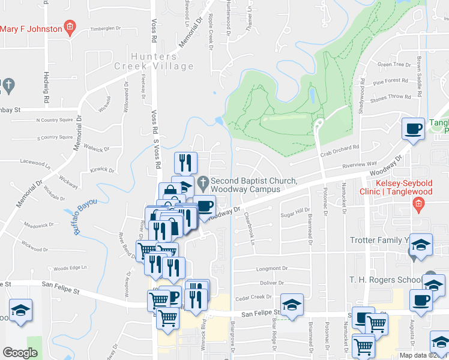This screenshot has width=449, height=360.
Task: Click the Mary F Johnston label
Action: pos(31,29)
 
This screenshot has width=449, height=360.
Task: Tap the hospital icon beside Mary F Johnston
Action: pos(70,27)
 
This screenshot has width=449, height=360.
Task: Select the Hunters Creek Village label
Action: pos(153,61)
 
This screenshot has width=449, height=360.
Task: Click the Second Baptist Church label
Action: pos(255,185)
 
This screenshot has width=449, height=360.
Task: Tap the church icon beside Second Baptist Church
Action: pos(203,181)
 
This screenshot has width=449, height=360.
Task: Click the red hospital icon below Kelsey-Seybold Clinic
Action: pos(419,207)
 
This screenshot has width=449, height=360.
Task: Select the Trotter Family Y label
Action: pos(379,241)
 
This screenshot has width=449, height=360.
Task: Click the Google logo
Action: pos(20,353)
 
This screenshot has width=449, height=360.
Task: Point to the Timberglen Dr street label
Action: pos(105,28)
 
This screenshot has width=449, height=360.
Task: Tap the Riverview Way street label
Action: pos(359,163)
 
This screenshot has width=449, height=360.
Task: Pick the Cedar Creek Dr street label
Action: pos(254,296)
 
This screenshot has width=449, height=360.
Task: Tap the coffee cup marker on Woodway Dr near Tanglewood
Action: pos(413,128)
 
